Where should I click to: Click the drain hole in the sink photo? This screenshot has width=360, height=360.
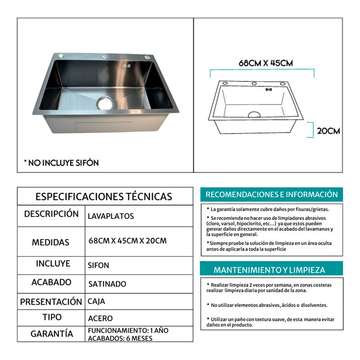click(x=104, y=103)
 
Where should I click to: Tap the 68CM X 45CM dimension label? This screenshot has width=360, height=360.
click(x=265, y=63)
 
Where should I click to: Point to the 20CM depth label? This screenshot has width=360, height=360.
click(x=328, y=131)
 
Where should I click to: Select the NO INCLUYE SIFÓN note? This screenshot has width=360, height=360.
click(x=61, y=162)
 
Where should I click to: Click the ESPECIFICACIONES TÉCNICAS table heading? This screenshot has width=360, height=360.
click(x=103, y=197)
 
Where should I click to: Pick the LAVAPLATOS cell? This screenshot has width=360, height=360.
click(x=111, y=216)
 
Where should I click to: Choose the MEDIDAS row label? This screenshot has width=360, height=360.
click(x=50, y=242)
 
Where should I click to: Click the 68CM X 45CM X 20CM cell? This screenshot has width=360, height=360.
click(x=128, y=241)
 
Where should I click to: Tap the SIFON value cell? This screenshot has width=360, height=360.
click(x=99, y=265)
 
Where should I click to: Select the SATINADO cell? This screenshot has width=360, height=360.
click(x=107, y=284)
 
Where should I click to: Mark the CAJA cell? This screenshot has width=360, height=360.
click(x=97, y=301)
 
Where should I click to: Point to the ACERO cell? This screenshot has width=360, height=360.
click(x=100, y=318)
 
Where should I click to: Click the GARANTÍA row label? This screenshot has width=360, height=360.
click(x=52, y=334)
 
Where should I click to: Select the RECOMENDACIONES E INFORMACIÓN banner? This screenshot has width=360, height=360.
click(x=271, y=194)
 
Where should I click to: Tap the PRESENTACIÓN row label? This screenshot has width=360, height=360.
click(x=51, y=301)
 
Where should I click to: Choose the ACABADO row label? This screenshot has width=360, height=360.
click(x=51, y=283)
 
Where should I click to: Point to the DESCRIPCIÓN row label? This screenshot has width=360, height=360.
click(x=51, y=214)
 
